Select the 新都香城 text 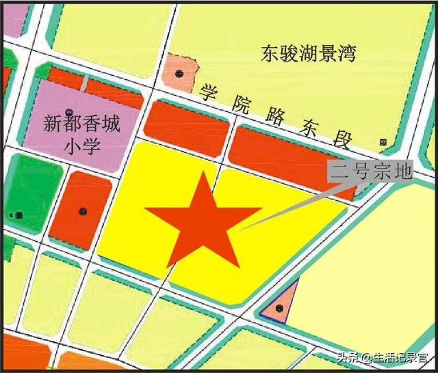81,124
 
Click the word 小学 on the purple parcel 81,146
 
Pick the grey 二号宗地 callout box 370,171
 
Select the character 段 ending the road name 342,141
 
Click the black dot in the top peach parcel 180,73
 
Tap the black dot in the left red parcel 83,210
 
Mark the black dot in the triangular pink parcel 279,309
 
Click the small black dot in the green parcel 18,215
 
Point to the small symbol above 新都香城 68,111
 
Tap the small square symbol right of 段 383,142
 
